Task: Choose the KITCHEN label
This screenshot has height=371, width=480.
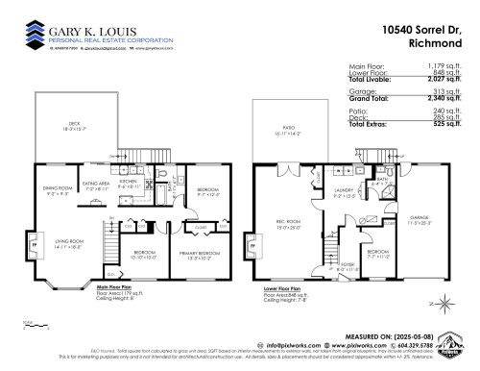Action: coord(130,179)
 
